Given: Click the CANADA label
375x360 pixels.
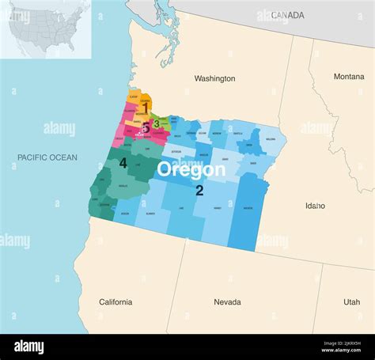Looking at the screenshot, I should (287, 15).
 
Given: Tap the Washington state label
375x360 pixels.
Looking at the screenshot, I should (214, 78).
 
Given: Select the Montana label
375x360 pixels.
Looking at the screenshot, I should (349, 77).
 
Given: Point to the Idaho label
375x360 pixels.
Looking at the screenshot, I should (315, 206).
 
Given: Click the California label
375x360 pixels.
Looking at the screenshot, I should (116, 302).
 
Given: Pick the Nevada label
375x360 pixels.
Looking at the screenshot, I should (227, 302).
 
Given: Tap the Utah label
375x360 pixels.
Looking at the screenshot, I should (351, 302).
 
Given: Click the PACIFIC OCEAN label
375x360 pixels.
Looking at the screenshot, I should (47, 157).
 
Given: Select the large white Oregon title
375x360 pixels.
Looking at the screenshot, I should (191, 169).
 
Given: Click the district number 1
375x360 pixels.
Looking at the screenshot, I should (146, 108).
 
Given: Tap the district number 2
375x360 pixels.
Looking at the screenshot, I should (199, 190).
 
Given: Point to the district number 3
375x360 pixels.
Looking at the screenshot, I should (157, 123).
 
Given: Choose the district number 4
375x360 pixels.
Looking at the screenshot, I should (123, 163).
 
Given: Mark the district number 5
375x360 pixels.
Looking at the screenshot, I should (145, 128).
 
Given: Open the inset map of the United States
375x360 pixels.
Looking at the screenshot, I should (45, 28).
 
